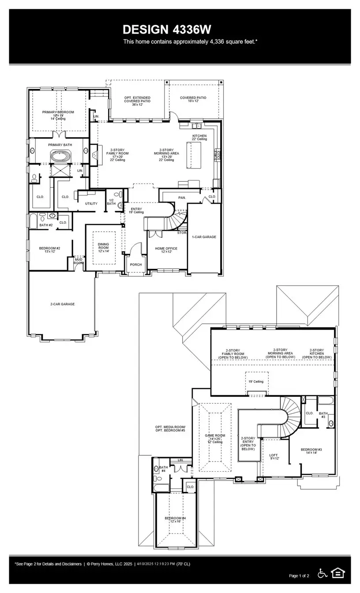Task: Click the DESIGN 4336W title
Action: pyautogui.click(x=167, y=30)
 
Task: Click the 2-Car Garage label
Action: pyautogui.click(x=62, y=304)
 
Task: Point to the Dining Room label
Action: pyautogui.click(x=103, y=248)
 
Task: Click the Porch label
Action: pyautogui.click(x=135, y=265)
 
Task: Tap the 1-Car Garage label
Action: pyautogui.click(x=204, y=237)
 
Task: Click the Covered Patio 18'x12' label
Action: pyautogui.click(x=193, y=99)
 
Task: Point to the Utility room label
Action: pyautogui.click(x=91, y=203)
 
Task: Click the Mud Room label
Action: pyautogui.click(x=78, y=261)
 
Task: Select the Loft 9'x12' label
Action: pyautogui.click(x=274, y=457)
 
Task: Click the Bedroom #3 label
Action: pyautogui.click(x=311, y=451)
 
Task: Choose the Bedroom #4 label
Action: pyautogui.click(x=175, y=519)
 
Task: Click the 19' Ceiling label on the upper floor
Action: pyautogui.click(x=255, y=381)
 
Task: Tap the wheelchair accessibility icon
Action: pyautogui.click(x=322, y=573)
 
